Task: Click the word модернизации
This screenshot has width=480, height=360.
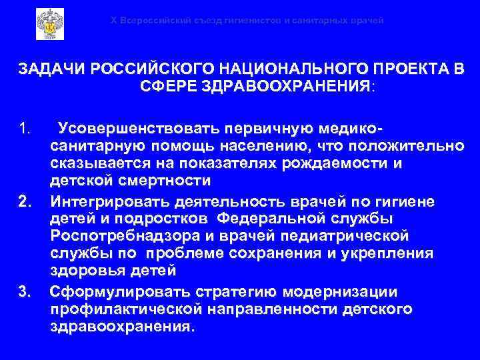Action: (x=341, y=292)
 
